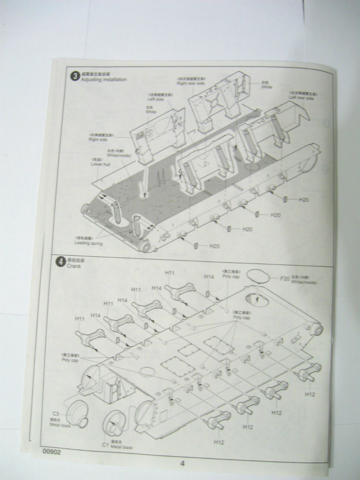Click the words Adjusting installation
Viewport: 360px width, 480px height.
pos(104,80)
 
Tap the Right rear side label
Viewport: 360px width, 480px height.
pos(190,83)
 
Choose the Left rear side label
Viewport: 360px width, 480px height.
pos(301,97)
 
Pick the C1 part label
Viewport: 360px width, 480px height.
pos(105,444)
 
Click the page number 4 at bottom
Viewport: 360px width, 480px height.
pos(182,464)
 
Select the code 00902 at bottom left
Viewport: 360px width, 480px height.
pos(51,451)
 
